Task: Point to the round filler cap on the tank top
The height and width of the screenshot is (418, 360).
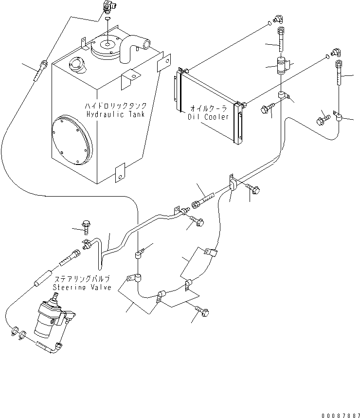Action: coord(77,63)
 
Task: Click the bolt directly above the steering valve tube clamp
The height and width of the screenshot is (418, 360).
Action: coord(86,226)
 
